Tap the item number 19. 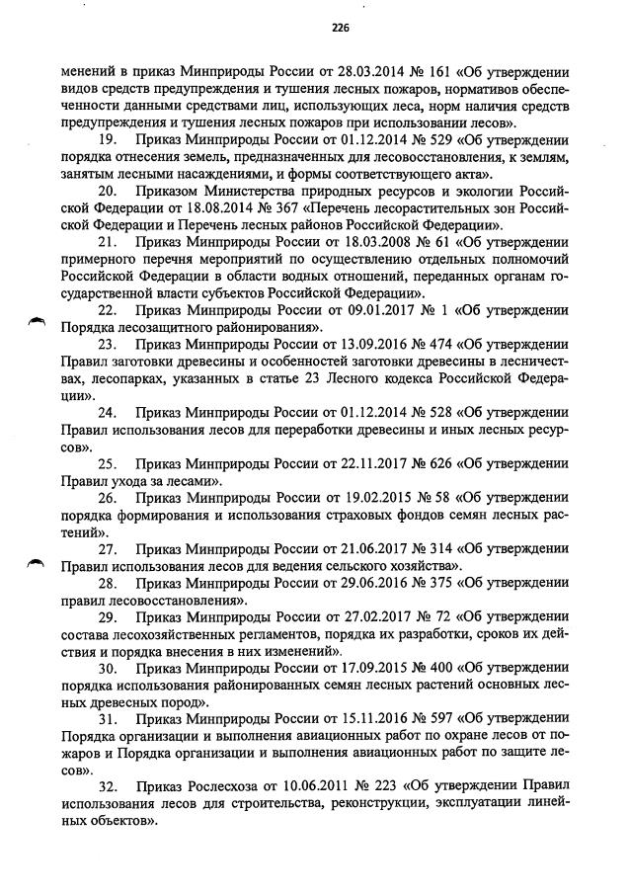click(x=110, y=141)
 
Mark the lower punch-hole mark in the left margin click(x=37, y=562)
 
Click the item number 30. click(x=110, y=669)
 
